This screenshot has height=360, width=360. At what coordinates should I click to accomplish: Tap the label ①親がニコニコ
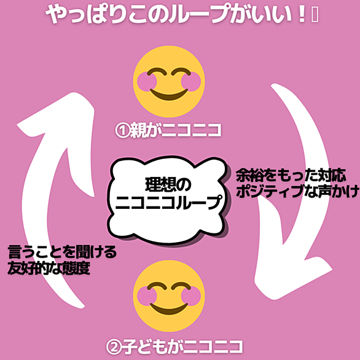[168, 130]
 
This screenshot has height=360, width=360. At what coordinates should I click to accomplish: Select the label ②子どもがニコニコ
[174, 346]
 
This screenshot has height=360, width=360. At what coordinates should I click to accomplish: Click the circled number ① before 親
[122, 131]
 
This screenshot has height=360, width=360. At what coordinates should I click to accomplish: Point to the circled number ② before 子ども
[114, 347]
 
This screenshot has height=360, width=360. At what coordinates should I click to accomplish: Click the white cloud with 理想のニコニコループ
[167, 199]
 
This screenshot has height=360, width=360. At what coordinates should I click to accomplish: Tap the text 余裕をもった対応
[291, 176]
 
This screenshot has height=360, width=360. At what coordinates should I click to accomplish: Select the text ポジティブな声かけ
[297, 191]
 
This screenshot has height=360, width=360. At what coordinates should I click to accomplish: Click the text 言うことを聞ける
[62, 252]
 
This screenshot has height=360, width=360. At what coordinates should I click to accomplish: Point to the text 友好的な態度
[49, 268]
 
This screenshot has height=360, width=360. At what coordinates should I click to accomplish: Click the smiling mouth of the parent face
[169, 95]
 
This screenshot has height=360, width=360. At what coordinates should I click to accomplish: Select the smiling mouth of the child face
[169, 309]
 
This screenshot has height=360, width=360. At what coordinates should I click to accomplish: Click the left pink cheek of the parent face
[147, 82]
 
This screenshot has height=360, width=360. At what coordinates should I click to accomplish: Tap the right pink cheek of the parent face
[191, 82]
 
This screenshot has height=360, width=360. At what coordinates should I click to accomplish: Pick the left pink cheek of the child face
[147, 296]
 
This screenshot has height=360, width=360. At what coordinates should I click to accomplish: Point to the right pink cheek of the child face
[191, 296]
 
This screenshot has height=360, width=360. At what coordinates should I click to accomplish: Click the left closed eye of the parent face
[157, 72]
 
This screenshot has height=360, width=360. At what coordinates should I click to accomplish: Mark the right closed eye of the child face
[181, 286]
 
